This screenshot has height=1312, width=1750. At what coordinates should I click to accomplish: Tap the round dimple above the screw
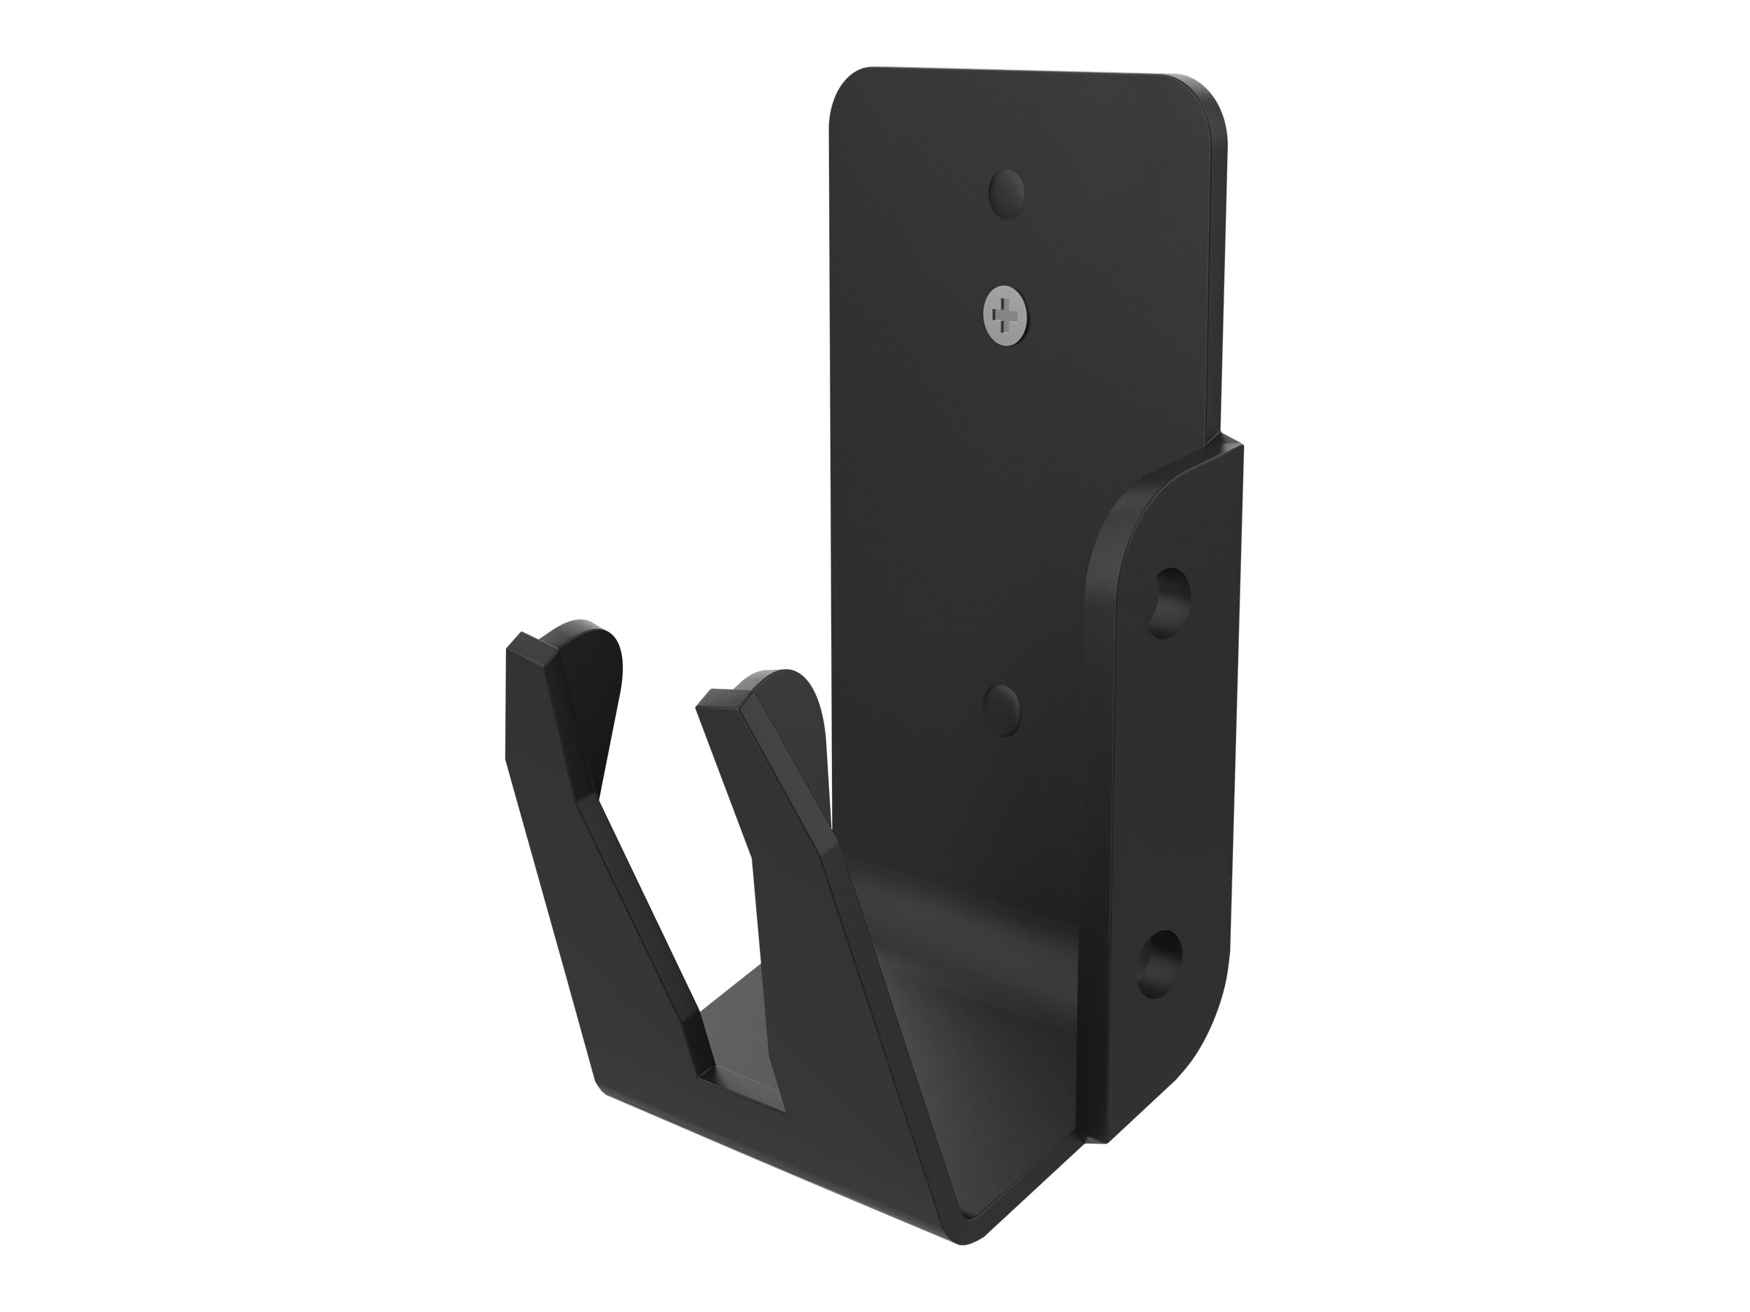coord(1006,190)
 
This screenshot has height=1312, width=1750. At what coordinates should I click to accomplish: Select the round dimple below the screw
coord(1002,709)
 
